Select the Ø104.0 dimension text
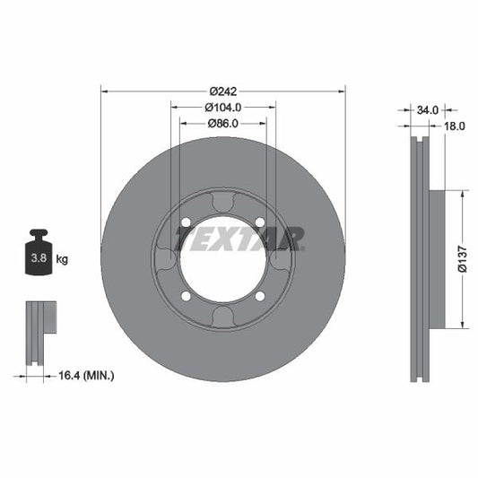point(222,108)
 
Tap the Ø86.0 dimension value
point(222,124)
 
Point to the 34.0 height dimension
point(428,110)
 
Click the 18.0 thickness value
point(455,126)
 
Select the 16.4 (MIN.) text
point(85,375)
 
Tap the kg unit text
point(62,259)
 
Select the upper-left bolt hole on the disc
point(186,222)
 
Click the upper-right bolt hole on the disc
point(260,222)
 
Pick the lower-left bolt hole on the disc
point(186,296)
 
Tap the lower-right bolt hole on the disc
point(260,296)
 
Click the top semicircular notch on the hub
point(222,202)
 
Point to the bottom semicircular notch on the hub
point(222,317)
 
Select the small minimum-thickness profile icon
point(39,332)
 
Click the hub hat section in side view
point(438,259)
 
